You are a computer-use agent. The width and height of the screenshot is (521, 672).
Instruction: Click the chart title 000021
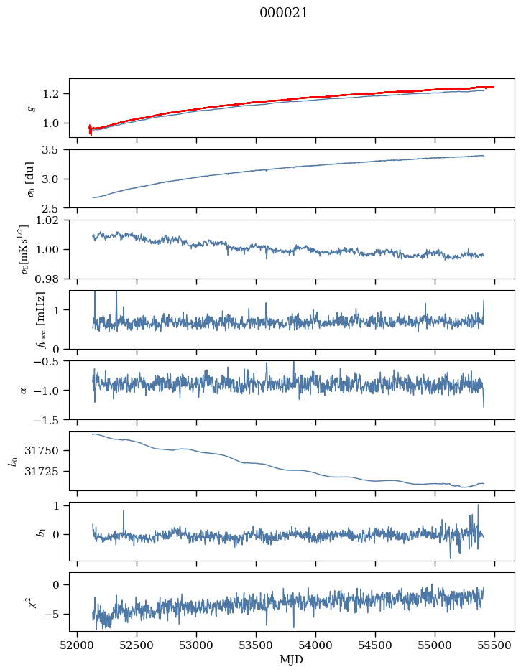click(284, 13)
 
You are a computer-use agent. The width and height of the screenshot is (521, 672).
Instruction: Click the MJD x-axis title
click(292, 660)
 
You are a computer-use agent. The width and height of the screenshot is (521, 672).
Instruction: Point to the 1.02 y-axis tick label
click(52, 220)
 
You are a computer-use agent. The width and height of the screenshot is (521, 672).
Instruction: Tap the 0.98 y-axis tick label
click(52, 279)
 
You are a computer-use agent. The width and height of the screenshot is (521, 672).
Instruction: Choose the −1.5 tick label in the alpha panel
click(52, 419)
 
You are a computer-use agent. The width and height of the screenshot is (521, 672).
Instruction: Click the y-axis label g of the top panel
click(30, 108)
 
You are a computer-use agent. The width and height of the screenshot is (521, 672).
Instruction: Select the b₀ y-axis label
click(12, 460)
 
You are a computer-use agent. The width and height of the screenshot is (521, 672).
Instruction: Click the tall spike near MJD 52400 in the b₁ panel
click(124, 512)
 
